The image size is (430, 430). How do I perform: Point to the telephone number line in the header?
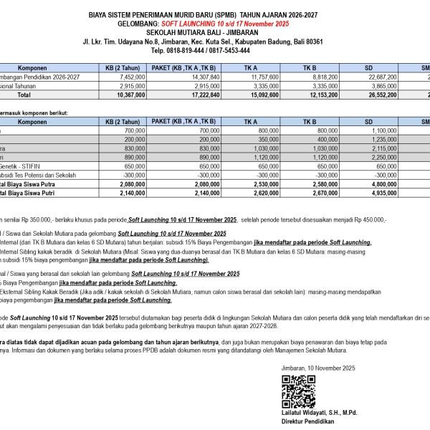[x=203, y=51]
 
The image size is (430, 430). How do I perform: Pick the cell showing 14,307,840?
[x=205, y=75]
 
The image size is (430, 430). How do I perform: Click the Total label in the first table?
[x=24, y=94]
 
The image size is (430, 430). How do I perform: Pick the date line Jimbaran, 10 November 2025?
[x=319, y=368]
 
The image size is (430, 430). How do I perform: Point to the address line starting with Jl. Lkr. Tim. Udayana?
[x=203, y=42]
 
